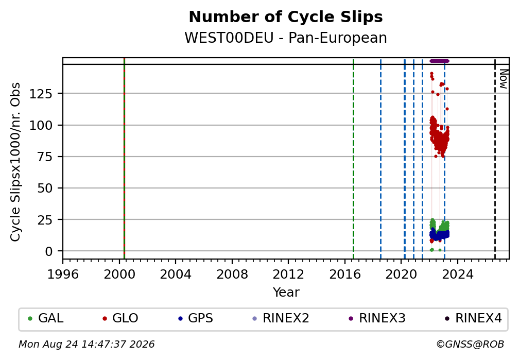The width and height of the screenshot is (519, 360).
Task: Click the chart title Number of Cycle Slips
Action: [286, 17]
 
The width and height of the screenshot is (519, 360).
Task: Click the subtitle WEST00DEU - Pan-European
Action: [286, 38]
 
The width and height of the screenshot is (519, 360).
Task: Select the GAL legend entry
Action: [46, 318]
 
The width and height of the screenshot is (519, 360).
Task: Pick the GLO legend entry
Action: [120, 318]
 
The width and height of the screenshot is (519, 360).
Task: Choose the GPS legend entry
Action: [195, 318]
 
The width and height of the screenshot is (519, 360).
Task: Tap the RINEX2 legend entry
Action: [281, 318]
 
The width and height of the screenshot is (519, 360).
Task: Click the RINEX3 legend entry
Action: [377, 318]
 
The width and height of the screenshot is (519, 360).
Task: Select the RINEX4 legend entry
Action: [473, 318]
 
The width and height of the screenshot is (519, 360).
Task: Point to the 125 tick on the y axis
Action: [41, 94]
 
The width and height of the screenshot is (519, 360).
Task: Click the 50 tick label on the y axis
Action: [45, 188]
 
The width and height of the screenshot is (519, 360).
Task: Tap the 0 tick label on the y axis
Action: [49, 251]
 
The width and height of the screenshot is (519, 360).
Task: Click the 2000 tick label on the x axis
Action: [119, 275]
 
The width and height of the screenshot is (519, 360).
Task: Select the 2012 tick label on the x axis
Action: [288, 275]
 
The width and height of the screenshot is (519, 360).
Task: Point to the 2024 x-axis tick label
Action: [457, 275]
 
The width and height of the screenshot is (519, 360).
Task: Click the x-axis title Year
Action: [286, 293]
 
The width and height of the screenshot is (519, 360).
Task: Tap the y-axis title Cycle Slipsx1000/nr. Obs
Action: [15, 162]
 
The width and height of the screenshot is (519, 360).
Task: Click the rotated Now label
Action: [503, 79]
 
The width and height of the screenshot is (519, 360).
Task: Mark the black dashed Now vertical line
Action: [495, 158]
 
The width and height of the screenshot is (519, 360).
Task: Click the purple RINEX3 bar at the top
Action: [439, 61]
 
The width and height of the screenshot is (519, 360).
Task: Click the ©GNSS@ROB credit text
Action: [470, 345]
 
